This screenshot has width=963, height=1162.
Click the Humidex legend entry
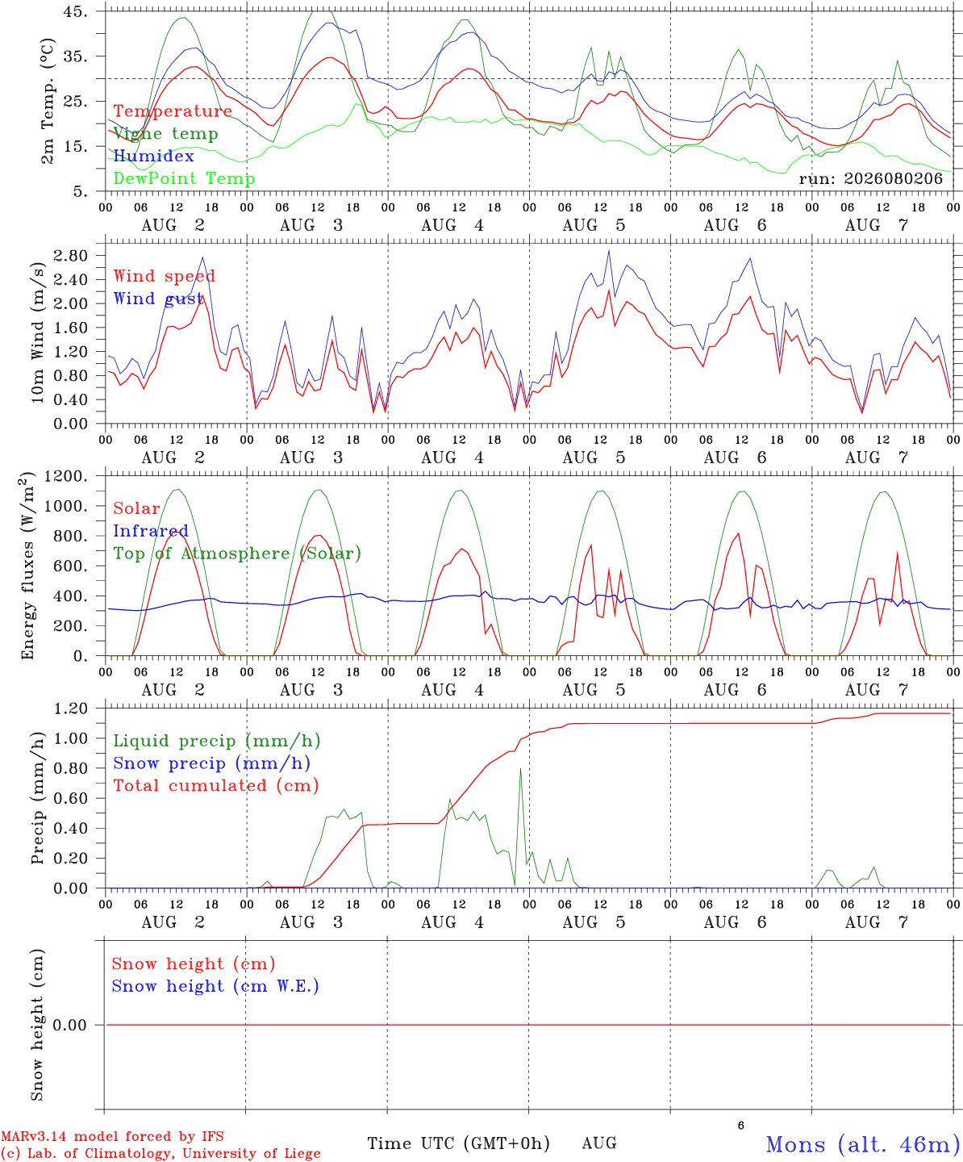[x=153, y=156]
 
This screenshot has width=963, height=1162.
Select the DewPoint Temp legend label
[x=184, y=178]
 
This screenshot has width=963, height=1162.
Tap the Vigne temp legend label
[x=165, y=134]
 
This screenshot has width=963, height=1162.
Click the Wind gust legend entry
[x=158, y=299]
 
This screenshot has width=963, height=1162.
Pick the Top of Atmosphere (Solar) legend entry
[x=237, y=554]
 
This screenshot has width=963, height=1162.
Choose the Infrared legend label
[x=151, y=531]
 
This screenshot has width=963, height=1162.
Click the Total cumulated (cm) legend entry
[x=216, y=785]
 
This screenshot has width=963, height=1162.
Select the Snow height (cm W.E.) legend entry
[x=215, y=985]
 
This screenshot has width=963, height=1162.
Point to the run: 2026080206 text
[x=870, y=178]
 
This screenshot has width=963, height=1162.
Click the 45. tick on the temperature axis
[x=75, y=11]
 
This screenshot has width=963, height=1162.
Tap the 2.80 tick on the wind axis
[x=70, y=256]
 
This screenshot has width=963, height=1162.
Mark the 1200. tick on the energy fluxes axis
[x=66, y=476]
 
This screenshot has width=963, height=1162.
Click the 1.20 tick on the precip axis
[x=70, y=708]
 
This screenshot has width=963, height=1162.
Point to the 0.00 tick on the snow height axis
[x=69, y=1025]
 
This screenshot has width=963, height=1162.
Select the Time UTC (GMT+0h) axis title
[x=458, y=1143]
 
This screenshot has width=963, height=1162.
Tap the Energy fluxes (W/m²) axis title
[x=27, y=566]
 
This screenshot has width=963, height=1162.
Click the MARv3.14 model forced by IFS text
[x=112, y=1136]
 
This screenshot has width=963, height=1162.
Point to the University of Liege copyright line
[x=160, y=1153]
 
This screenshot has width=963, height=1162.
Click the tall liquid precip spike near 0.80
[x=520, y=769]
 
